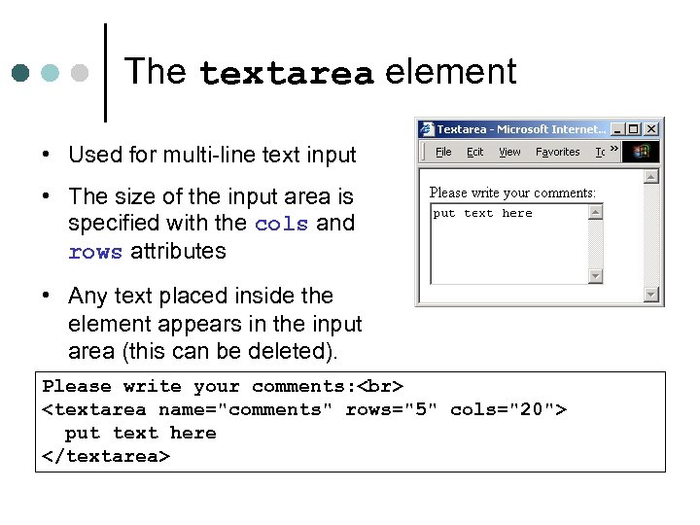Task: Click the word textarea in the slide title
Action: click(x=286, y=74)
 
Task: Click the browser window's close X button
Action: click(x=651, y=129)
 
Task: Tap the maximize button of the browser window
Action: click(x=634, y=129)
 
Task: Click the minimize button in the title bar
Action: click(x=617, y=129)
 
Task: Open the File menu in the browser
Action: click(x=443, y=152)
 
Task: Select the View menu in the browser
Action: click(x=509, y=152)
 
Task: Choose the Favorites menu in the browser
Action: click(x=557, y=152)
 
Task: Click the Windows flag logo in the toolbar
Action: click(x=641, y=152)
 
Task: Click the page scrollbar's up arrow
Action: click(x=651, y=177)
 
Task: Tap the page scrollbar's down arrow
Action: click(x=651, y=295)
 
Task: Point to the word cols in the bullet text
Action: click(x=281, y=224)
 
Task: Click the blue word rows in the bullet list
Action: click(x=95, y=252)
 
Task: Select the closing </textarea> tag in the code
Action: click(x=106, y=456)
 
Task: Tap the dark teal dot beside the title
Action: click(x=21, y=73)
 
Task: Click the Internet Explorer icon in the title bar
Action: click(x=427, y=129)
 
